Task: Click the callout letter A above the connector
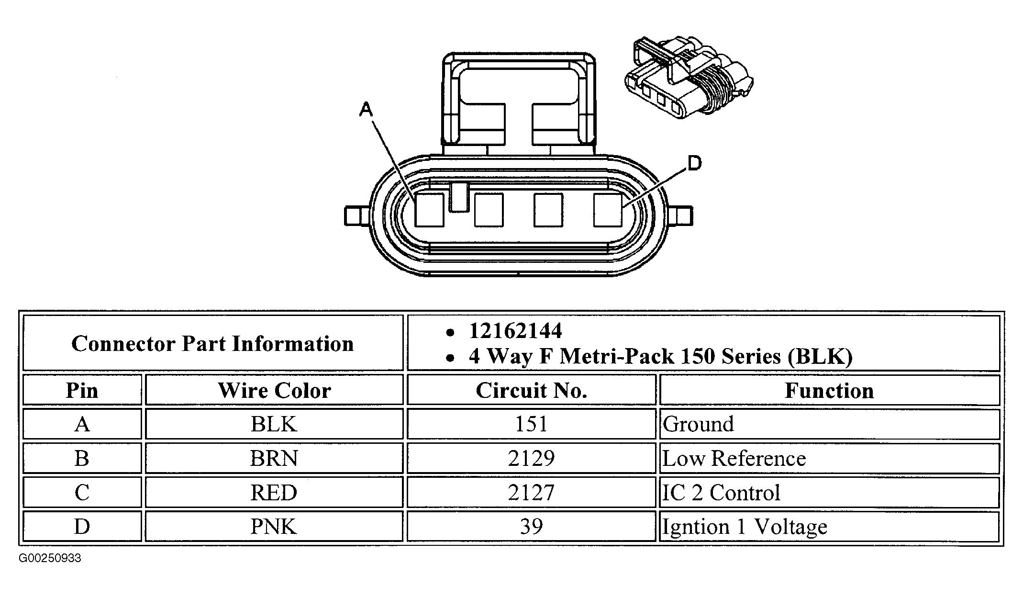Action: (366, 110)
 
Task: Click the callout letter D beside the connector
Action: (694, 164)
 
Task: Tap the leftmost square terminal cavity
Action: (429, 210)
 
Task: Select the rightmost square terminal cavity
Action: (608, 210)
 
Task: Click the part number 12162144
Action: (515, 331)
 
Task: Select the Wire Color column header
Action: (274, 390)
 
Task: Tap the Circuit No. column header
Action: (531, 390)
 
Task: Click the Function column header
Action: (829, 390)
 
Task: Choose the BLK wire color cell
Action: (274, 424)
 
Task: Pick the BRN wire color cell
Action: (274, 459)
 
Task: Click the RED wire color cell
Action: (274, 493)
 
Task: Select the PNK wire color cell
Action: (274, 527)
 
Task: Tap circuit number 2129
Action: (531, 459)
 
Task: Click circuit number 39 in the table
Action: (531, 527)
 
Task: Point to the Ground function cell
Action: (698, 424)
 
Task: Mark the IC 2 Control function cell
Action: (721, 493)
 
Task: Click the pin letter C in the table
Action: (82, 493)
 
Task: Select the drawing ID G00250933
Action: (50, 558)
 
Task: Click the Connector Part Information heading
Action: (212, 343)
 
